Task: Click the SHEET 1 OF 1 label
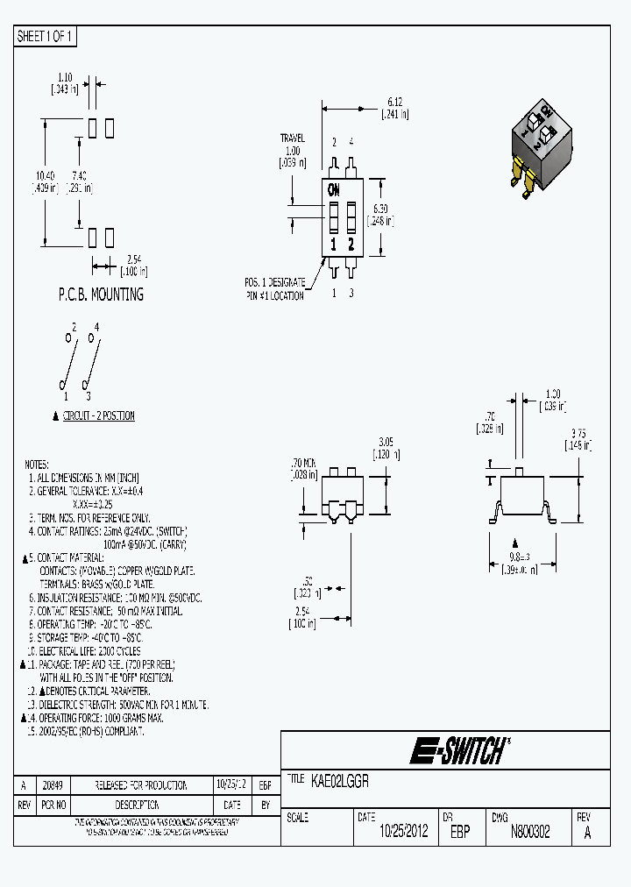click(x=46, y=37)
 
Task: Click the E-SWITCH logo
click(x=458, y=749)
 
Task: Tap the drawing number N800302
click(x=530, y=832)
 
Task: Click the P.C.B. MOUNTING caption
click(x=100, y=294)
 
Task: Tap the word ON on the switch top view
click(x=334, y=189)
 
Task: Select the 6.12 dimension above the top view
click(x=395, y=103)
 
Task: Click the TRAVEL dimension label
click(x=293, y=138)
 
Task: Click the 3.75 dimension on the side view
click(x=578, y=434)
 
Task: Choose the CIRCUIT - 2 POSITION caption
click(x=99, y=415)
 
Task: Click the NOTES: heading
click(x=36, y=464)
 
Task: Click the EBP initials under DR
click(x=459, y=832)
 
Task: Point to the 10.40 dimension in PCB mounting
click(x=44, y=175)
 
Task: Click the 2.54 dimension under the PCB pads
click(x=132, y=259)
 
